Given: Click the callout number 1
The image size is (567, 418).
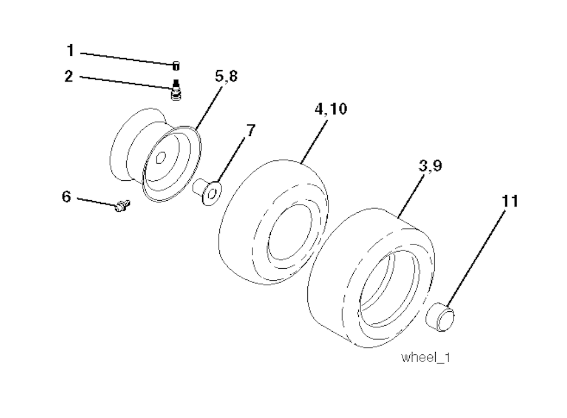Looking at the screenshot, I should [70, 51].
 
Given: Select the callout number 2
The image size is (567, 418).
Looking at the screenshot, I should [69, 76].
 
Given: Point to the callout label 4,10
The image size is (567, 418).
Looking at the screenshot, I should [331, 108].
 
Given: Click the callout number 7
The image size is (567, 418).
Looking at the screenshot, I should [250, 130].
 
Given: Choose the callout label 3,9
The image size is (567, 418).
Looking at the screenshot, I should [430, 165].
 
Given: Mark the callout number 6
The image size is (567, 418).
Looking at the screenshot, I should [66, 196].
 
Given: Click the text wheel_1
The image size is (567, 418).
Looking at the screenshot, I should [425, 357].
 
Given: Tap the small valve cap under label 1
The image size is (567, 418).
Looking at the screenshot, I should [175, 66].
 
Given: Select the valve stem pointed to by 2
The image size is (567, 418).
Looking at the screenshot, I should [177, 90].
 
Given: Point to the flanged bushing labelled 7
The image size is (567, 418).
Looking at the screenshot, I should [207, 191].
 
